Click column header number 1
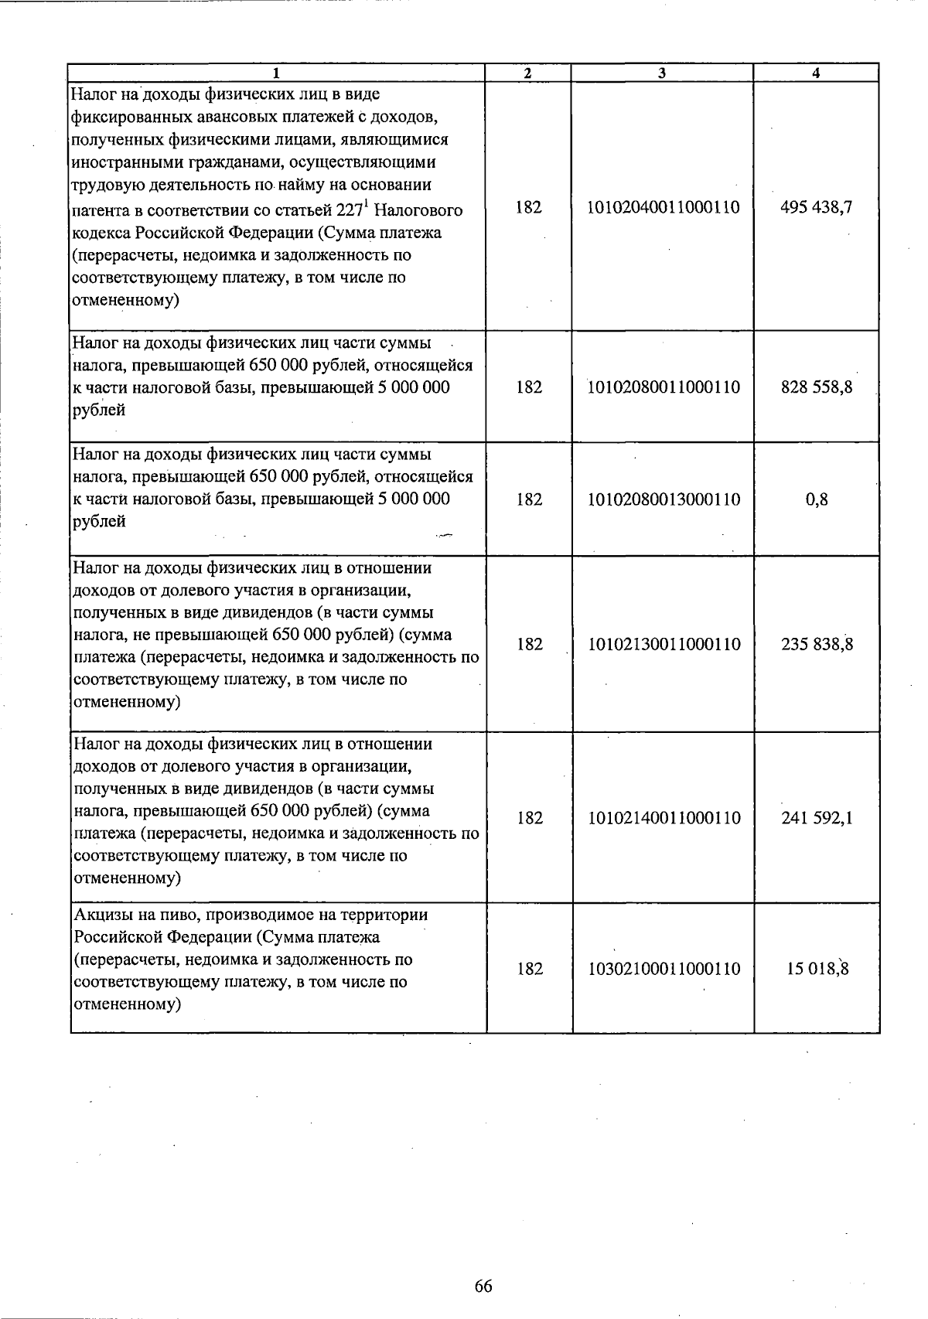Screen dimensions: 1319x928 pyautogui.click(x=276, y=73)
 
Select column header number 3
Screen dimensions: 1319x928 pyautogui.click(x=662, y=73)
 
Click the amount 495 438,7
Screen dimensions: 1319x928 pyautogui.click(x=817, y=207)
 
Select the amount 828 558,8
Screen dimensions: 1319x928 pyautogui.click(x=817, y=387)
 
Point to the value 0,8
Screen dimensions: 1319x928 pyautogui.click(x=817, y=499)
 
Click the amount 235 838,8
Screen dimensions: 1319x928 pyautogui.click(x=817, y=644)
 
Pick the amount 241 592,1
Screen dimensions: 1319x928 pyautogui.click(x=817, y=818)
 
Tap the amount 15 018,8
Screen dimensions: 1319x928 pyautogui.click(x=817, y=969)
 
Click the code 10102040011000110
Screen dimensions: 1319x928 pyautogui.click(x=664, y=207)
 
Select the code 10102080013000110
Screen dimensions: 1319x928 pyautogui.click(x=664, y=499)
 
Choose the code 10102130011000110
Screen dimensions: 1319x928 pyautogui.click(x=664, y=644)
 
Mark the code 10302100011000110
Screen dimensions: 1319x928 pyautogui.click(x=664, y=969)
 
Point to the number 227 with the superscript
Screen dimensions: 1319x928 pyautogui.click(x=350, y=210)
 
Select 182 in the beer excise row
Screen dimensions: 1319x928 pyautogui.click(x=530, y=969)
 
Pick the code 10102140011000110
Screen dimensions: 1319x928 pyautogui.click(x=664, y=818)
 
